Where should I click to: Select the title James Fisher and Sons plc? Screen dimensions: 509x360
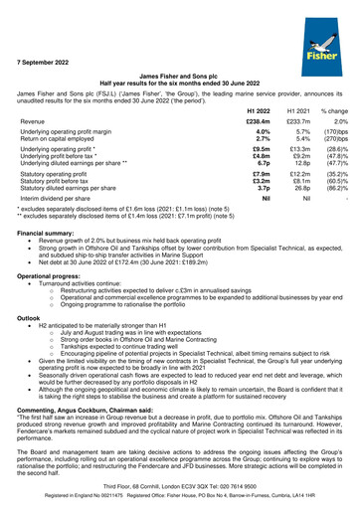pos(179,75)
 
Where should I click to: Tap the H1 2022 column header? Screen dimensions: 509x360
pos(258,107)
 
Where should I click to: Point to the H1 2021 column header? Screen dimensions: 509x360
pos(297,107)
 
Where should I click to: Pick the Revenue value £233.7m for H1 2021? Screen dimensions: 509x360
pos(297,120)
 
